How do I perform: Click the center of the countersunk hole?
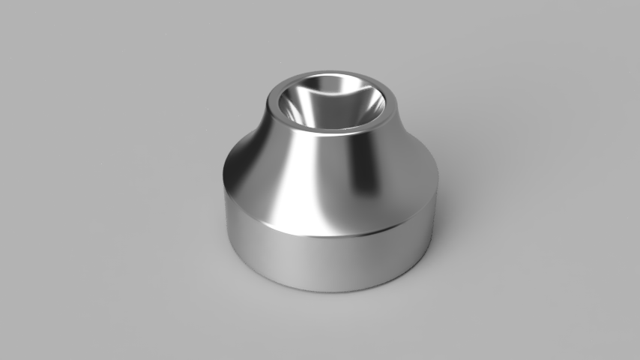330,104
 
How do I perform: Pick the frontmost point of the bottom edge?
330,291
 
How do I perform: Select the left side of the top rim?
271,104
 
